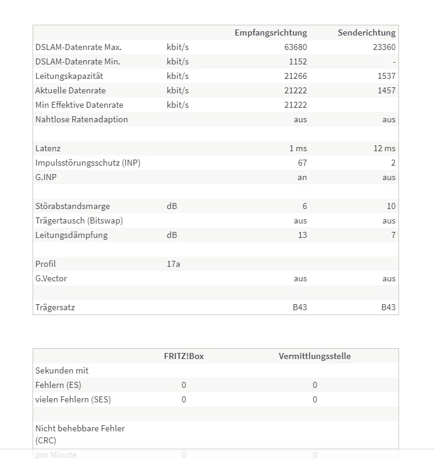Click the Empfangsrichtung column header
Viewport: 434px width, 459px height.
[x=271, y=33]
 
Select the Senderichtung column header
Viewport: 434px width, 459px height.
[x=366, y=33]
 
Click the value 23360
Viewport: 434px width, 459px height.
[x=384, y=47]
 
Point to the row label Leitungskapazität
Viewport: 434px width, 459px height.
[x=69, y=76]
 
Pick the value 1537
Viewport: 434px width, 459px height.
[x=386, y=76]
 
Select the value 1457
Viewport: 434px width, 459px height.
[x=386, y=90]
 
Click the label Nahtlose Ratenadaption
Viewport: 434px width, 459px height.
[x=81, y=119]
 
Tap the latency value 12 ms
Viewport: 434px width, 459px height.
[x=385, y=148]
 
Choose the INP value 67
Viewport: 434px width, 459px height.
[x=302, y=163]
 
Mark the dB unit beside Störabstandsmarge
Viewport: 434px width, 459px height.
[x=172, y=206]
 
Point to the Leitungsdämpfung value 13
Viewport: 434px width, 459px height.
[x=302, y=235]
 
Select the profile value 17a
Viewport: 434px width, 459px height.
[x=173, y=264]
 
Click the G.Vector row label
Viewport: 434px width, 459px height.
[x=51, y=278]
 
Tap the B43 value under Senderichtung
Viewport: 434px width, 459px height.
[x=388, y=307]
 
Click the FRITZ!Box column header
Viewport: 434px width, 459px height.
[x=184, y=356]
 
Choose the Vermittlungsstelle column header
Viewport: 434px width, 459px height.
[x=315, y=356]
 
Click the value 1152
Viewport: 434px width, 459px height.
[x=297, y=61]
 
